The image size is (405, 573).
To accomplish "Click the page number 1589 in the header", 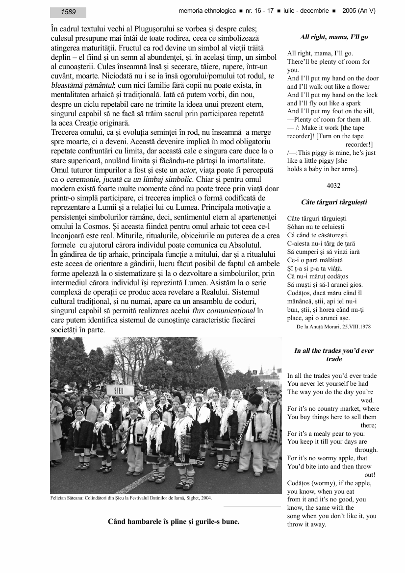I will click(x=68, y=12).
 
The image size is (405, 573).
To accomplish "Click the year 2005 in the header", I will click(x=350, y=11).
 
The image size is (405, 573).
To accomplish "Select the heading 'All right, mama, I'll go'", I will click(x=333, y=37).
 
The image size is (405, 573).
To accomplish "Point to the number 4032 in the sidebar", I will click(x=333, y=185).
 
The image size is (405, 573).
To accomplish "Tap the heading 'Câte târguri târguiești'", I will click(x=334, y=202).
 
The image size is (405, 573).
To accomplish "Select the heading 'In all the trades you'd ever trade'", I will click(x=333, y=355).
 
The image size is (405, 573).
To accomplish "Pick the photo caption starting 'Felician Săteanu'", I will click(x=131, y=498).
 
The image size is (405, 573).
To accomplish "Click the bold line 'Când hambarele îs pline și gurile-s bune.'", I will click(x=174, y=521).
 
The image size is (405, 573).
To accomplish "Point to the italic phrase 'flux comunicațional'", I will click(x=224, y=311).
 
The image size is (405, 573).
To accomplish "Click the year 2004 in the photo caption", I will click(x=205, y=498).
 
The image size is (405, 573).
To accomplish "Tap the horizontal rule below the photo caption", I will click(x=252, y=506).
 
